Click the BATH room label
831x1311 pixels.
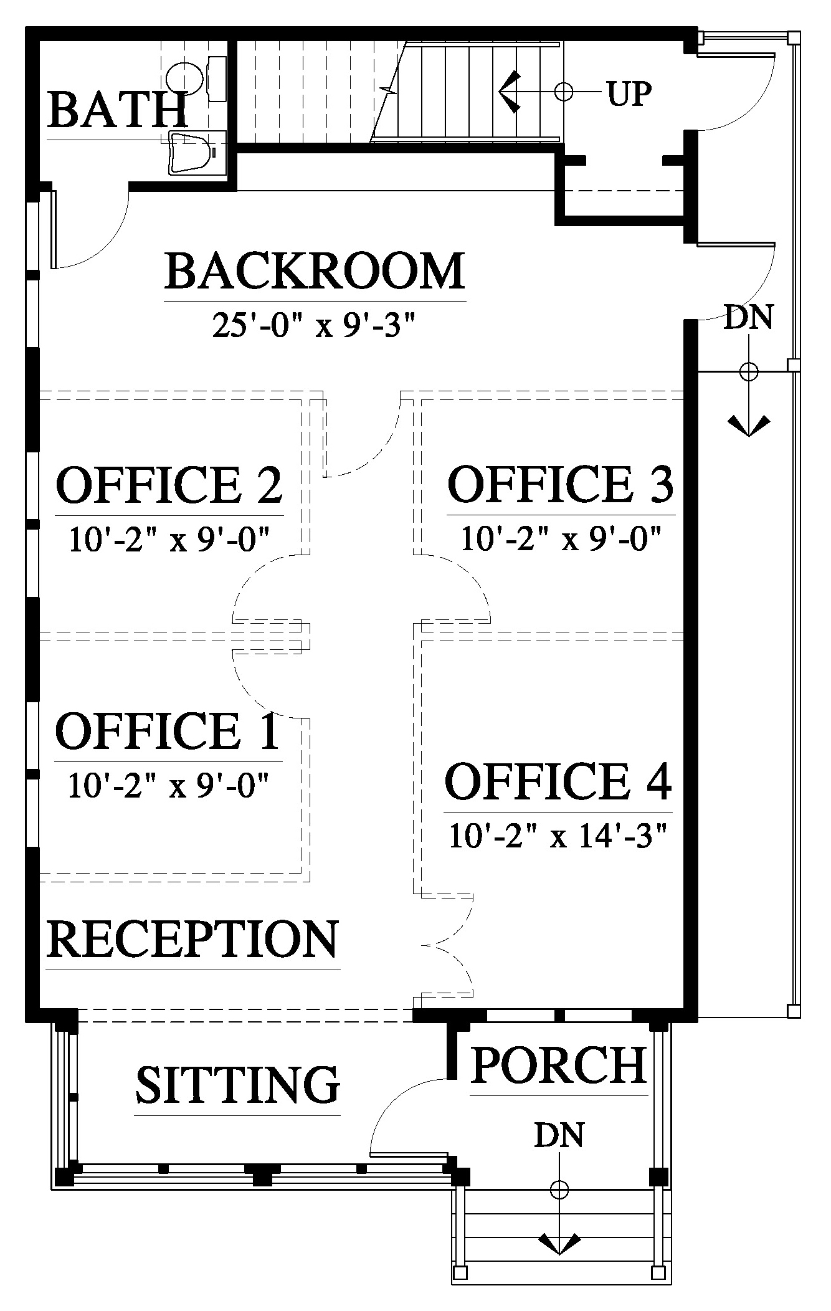117,110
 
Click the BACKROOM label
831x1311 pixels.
315,271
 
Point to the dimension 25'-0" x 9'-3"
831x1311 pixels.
314,325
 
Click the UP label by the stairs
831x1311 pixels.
629,94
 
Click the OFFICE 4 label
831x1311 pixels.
558,781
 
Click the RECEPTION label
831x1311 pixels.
192,939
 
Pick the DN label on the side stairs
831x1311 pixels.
748,317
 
